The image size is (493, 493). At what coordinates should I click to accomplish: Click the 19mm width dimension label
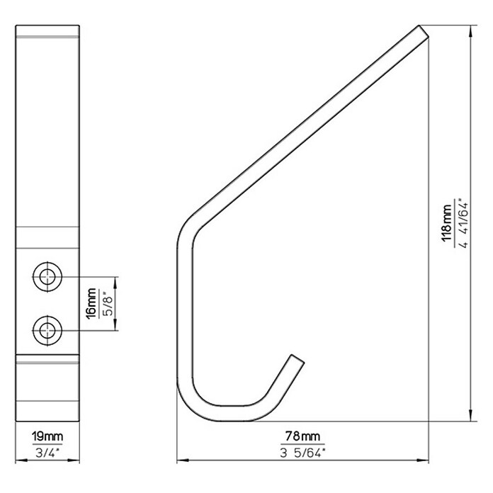[x=47, y=437]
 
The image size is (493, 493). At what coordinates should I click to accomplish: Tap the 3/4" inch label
[x=47, y=453]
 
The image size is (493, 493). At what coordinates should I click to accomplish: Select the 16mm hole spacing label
[x=91, y=303]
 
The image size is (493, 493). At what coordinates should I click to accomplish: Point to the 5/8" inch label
[x=107, y=303]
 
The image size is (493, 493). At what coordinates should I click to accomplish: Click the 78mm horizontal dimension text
[x=302, y=436]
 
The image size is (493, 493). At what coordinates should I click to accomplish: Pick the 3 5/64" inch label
[x=302, y=453]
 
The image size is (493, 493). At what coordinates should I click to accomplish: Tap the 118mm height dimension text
[x=446, y=223]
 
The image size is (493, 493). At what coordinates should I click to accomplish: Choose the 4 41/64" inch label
[x=463, y=223]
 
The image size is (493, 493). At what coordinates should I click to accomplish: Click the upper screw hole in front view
[x=47, y=277]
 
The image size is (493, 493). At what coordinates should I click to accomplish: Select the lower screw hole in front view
[x=47, y=331]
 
